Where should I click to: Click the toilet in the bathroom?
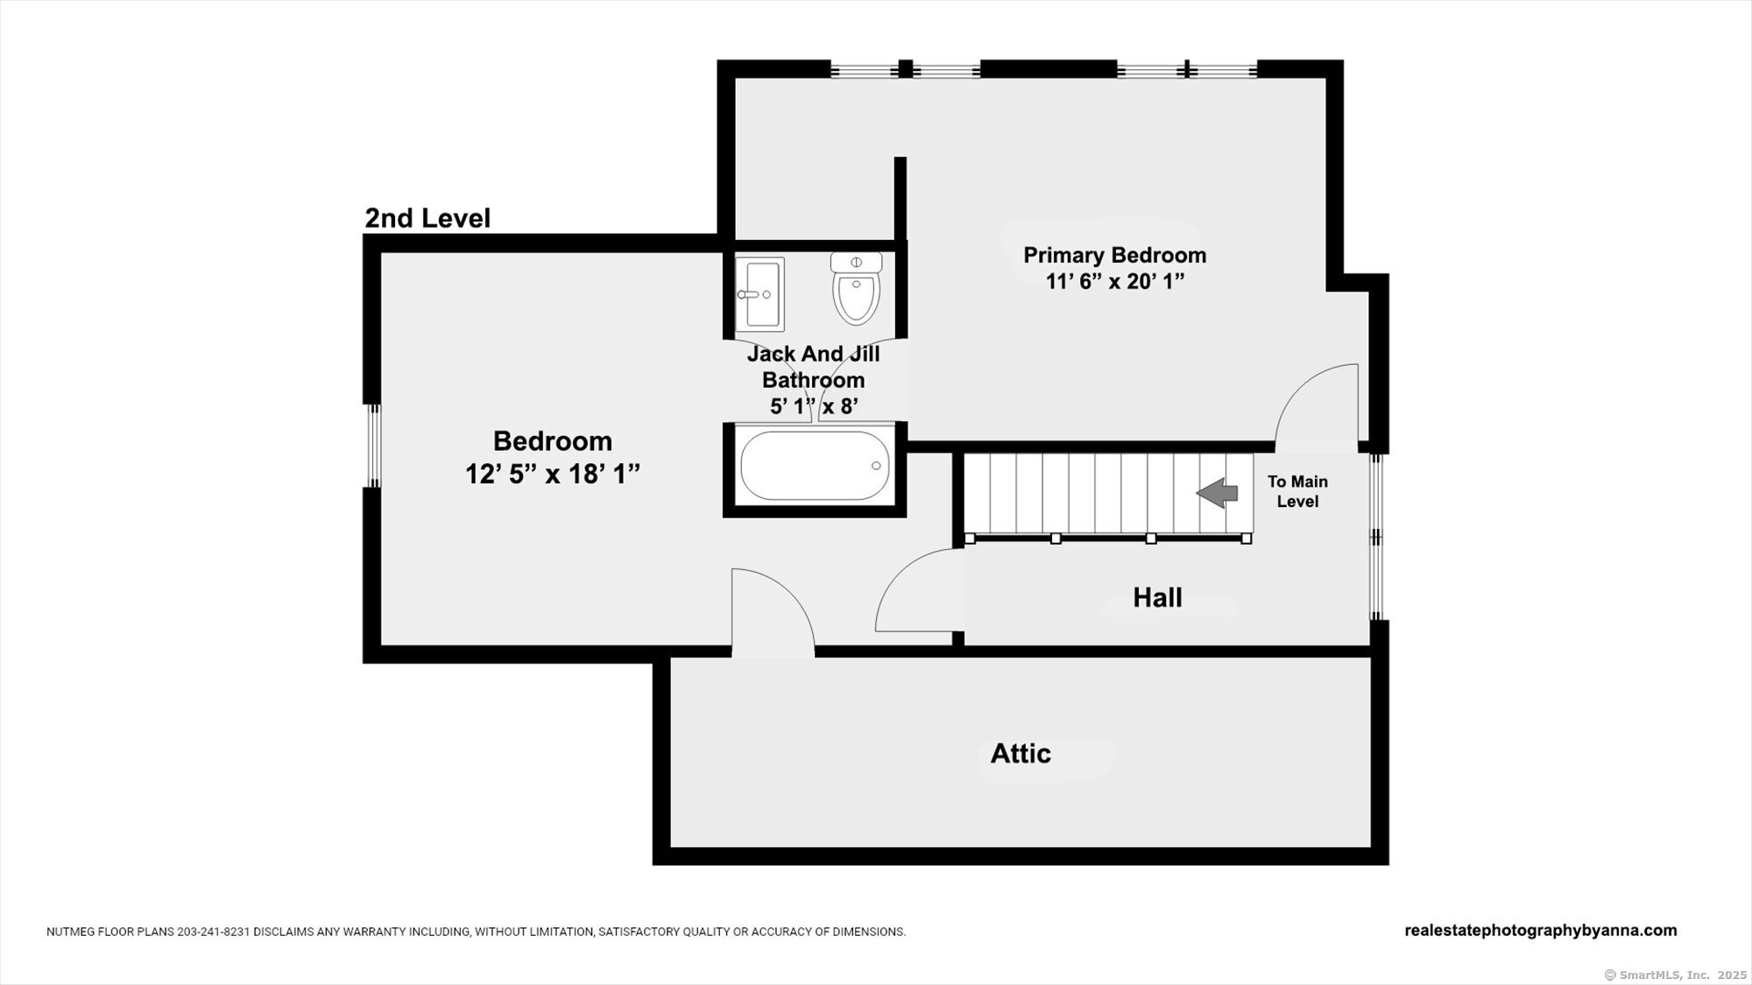point(856,288)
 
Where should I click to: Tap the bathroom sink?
point(759,294)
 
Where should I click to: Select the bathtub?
point(815,466)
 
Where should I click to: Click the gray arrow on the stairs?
point(1217,493)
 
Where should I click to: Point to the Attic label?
point(1021,753)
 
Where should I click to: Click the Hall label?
point(1157,598)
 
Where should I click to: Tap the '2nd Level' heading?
point(427,218)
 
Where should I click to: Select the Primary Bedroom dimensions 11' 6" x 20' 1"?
point(1115,281)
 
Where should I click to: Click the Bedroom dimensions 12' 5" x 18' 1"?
point(553,474)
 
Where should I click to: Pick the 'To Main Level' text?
point(1297,491)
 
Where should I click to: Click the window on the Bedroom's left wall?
point(373,446)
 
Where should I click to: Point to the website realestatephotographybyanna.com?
point(1541,931)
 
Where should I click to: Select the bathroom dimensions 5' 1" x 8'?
point(814,406)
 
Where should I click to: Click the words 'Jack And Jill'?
point(814,354)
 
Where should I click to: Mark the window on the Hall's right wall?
point(1376,536)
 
